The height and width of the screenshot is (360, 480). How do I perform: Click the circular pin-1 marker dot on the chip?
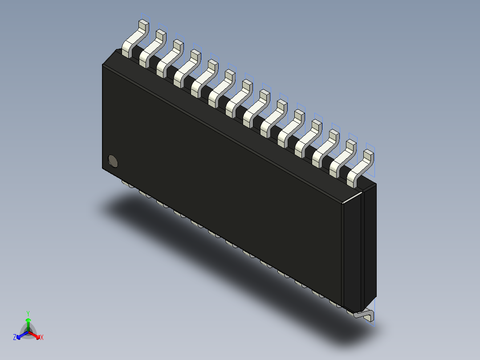(x=113, y=161)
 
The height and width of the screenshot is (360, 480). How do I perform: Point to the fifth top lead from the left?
(x=204, y=78)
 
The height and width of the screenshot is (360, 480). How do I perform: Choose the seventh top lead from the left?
(x=238, y=97)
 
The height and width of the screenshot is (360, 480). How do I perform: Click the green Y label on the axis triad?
(x=28, y=313)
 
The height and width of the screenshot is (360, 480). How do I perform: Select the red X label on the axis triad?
(x=42, y=338)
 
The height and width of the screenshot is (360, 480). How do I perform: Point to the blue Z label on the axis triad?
(x=15, y=338)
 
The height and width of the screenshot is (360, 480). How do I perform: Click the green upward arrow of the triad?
(x=28, y=323)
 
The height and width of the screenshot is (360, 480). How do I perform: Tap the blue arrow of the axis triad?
(x=21, y=335)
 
